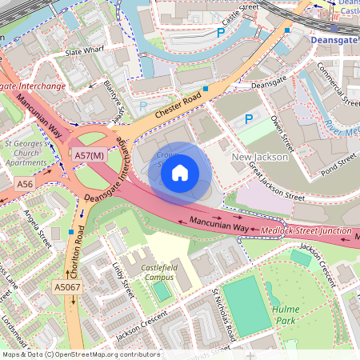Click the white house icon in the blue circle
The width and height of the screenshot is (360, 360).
(x=180, y=172)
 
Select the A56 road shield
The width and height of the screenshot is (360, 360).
(x=26, y=184)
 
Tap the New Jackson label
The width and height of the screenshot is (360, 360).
(x=259, y=158)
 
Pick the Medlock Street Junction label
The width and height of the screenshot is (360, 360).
(x=307, y=232)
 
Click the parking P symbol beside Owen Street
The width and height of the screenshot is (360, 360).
(x=249, y=118)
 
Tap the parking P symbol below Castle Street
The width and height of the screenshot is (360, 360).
(x=221, y=33)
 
